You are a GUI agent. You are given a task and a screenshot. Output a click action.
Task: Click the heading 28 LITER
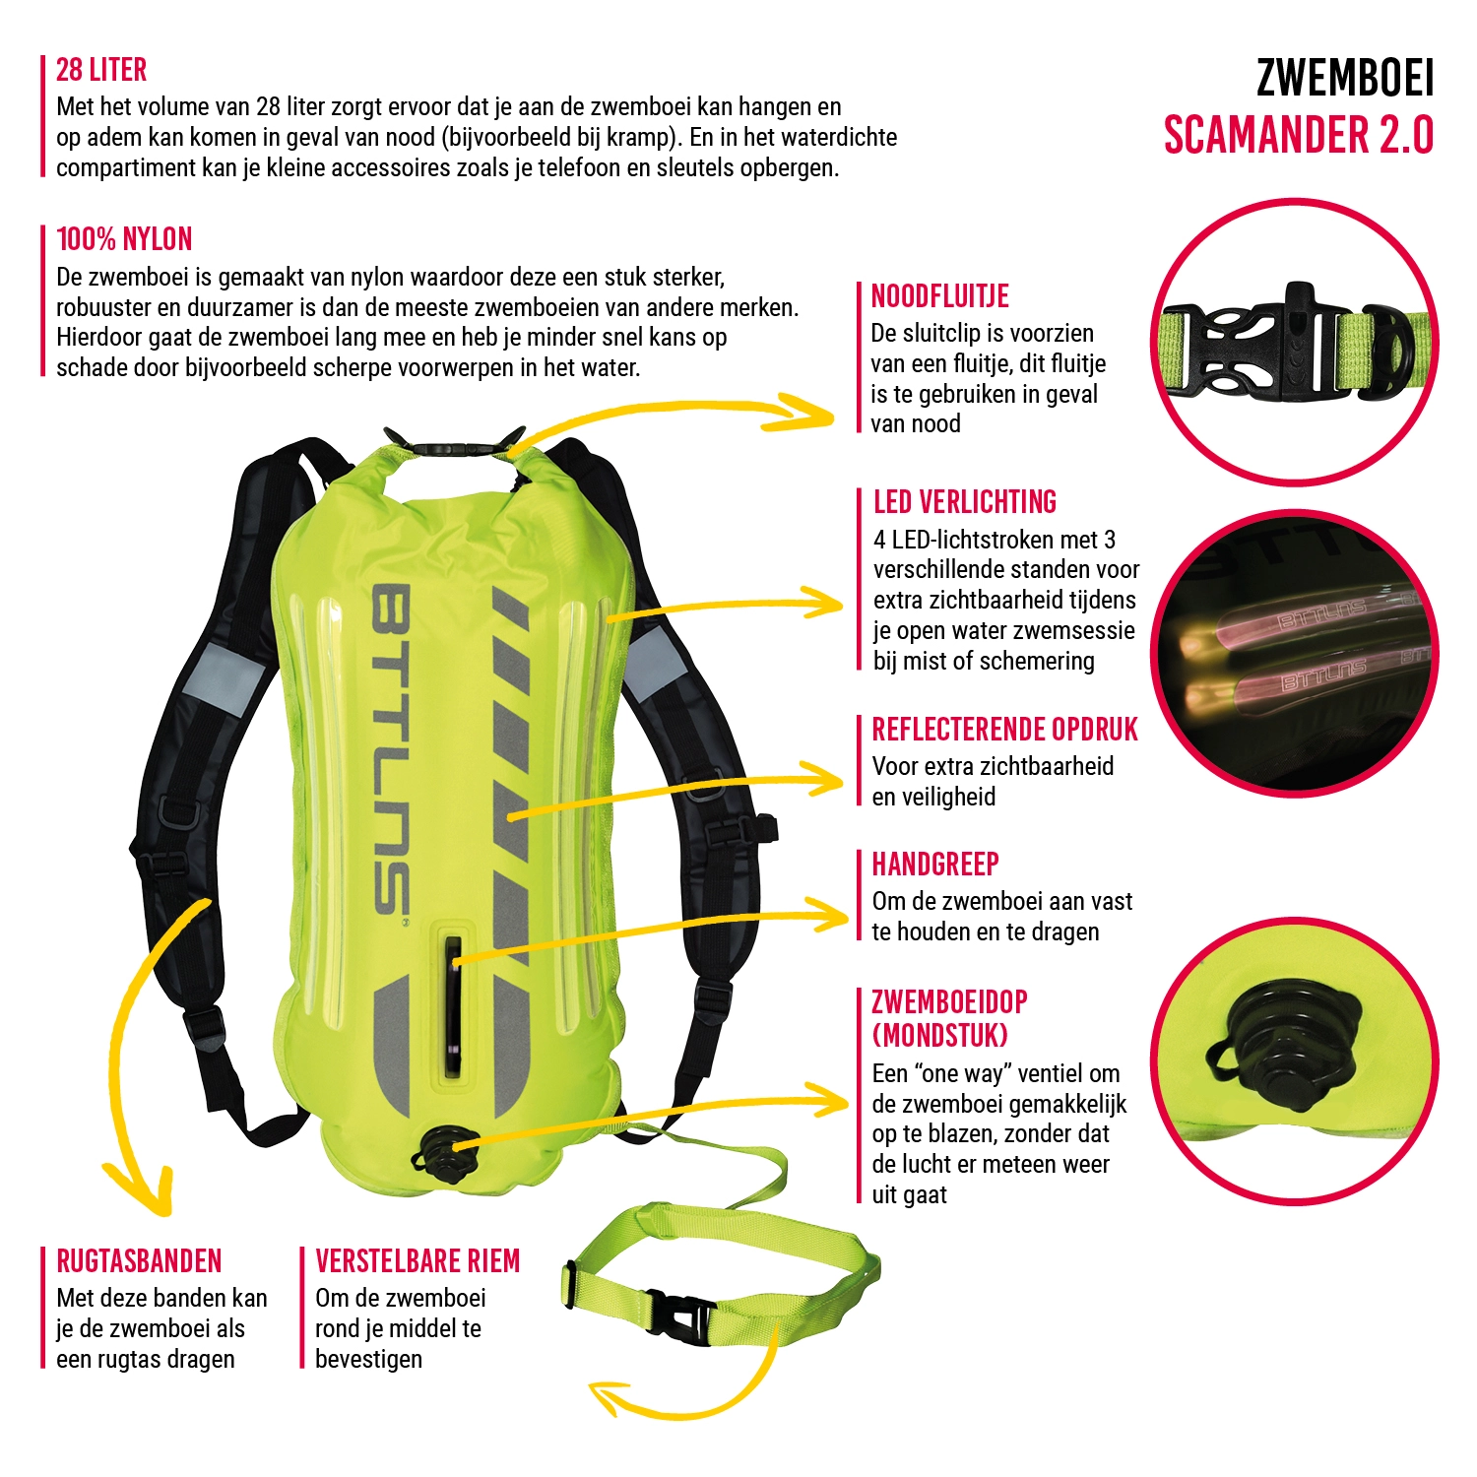pos(101,70)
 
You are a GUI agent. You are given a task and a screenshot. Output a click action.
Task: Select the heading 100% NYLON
pos(124,239)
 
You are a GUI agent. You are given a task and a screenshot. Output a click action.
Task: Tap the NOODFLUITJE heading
pos(940,296)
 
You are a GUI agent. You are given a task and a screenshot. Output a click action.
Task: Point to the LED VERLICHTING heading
pos(965,502)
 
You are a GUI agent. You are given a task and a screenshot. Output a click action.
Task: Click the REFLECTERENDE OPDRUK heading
pos(1004,730)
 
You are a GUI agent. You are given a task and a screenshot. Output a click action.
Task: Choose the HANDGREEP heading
pos(935,865)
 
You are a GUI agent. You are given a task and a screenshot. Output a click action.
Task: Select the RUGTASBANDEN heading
pos(139,1261)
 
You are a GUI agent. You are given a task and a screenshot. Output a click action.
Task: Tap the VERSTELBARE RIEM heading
pos(417,1261)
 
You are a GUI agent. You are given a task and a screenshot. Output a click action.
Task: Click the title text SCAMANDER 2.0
pos(1298,135)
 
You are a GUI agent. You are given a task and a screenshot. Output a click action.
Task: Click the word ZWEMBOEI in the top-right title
pos(1345,78)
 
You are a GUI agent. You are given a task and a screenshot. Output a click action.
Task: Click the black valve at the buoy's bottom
pos(443,1154)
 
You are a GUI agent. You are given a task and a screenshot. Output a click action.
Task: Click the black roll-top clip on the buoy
pos(453,449)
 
